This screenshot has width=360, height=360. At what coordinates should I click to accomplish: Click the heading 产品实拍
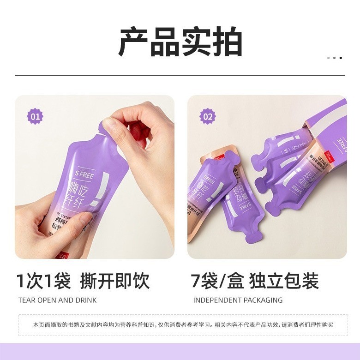pyautogui.click(x=180, y=42)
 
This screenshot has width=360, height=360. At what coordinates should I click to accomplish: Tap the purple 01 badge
pyautogui.click(x=35, y=116)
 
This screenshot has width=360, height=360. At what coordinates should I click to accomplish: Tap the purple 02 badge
pyautogui.click(x=208, y=116)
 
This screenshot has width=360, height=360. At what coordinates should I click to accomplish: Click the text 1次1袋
pyautogui.click(x=43, y=281)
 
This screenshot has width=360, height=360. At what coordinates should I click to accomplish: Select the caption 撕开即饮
pyautogui.click(x=115, y=281)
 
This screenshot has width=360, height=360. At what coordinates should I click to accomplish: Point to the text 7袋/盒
pyautogui.click(x=217, y=281)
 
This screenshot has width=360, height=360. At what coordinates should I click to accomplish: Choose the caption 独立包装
pyautogui.click(x=284, y=281)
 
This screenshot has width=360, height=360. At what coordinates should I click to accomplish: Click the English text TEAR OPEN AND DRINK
pyautogui.click(x=57, y=300)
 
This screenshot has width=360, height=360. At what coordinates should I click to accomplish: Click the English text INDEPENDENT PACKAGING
pyautogui.click(x=238, y=300)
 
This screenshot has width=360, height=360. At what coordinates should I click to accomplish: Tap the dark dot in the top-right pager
pyautogui.click(x=341, y=58)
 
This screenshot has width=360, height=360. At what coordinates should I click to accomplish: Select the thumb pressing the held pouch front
pyautogui.click(x=69, y=221)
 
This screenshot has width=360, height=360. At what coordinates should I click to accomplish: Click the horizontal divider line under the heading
pyautogui.click(x=180, y=75)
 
